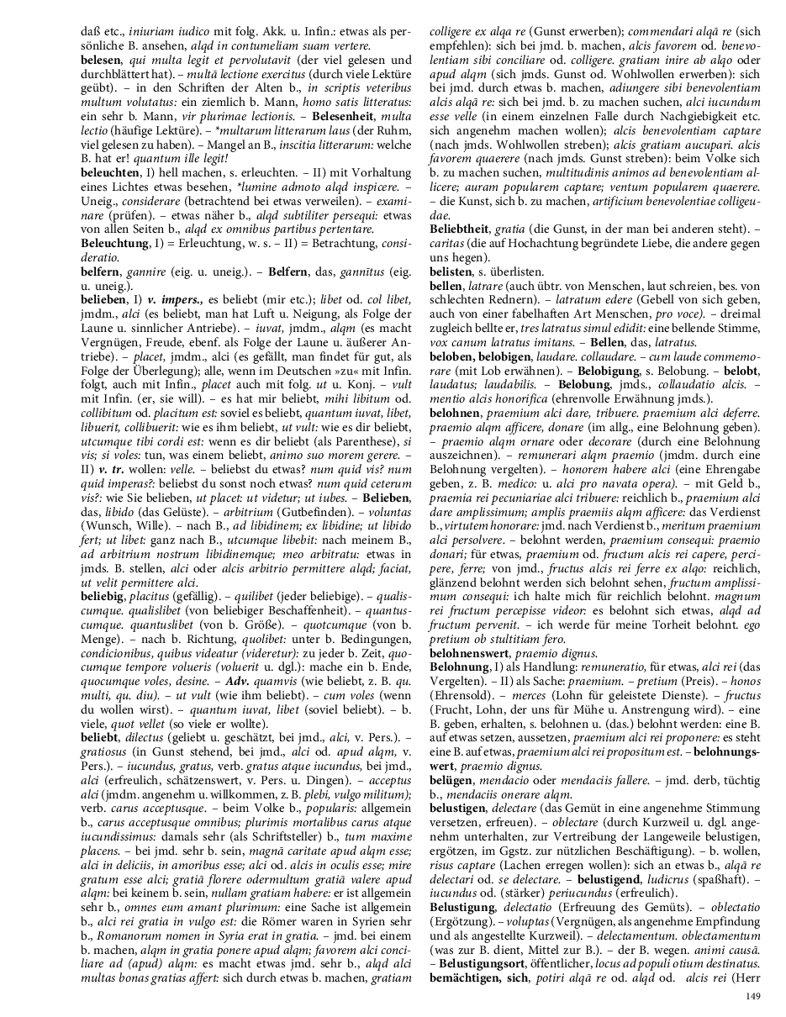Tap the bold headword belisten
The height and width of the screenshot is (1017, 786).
pos(451,271)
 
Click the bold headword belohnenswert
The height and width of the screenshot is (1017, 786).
pos(474,651)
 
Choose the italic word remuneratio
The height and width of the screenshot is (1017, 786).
pos(552,667)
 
